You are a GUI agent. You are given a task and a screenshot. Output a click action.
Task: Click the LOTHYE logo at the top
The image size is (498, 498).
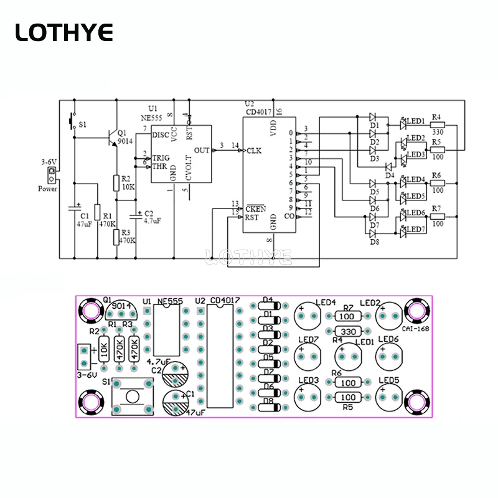[x=64, y=32]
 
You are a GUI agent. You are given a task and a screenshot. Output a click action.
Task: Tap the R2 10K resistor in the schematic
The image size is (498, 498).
[x=116, y=182]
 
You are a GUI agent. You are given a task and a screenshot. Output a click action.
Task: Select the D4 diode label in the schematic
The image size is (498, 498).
[x=390, y=176]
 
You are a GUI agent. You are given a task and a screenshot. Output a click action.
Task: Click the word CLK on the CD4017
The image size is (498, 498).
[x=255, y=150]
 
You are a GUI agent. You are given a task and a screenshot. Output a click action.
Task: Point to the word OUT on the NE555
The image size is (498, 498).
[x=202, y=150]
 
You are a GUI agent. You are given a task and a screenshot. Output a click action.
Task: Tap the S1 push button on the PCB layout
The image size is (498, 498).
[x=132, y=397]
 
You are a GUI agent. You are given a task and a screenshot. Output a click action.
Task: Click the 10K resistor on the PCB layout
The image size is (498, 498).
[x=104, y=349]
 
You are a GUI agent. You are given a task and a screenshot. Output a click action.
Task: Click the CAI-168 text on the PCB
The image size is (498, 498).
[x=414, y=329]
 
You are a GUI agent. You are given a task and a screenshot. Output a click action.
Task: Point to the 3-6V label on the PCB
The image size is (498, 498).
[x=88, y=375]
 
